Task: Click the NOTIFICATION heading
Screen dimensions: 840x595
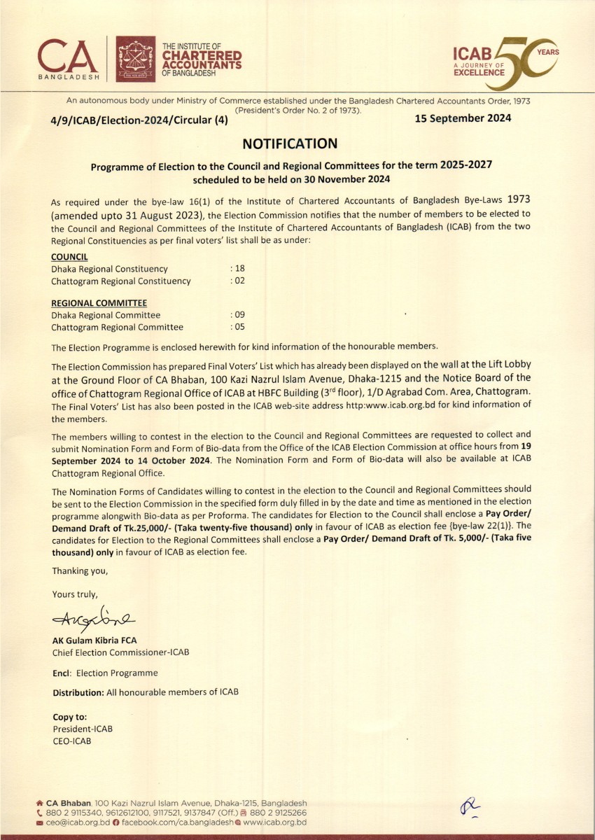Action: [x=290, y=144]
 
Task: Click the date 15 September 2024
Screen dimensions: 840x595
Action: [x=463, y=118]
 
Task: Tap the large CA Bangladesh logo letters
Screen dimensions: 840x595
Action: [x=69, y=55]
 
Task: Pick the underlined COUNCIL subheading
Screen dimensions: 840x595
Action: [x=69, y=258]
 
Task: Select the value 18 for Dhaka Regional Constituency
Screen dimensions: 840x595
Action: [x=238, y=269]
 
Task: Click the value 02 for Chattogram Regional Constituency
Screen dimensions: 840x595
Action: [x=238, y=281]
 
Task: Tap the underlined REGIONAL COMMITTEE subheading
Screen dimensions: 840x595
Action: [x=99, y=303]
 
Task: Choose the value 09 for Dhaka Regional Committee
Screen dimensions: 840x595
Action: [x=238, y=315]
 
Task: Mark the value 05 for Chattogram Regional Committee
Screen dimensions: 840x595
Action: [x=238, y=327]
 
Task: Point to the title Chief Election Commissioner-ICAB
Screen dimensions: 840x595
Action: [x=120, y=652]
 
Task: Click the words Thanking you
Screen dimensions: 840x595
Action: [x=80, y=571]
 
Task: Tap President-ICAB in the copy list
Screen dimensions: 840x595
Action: [x=83, y=729]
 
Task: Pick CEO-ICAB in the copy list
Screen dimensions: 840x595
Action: [x=71, y=741]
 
